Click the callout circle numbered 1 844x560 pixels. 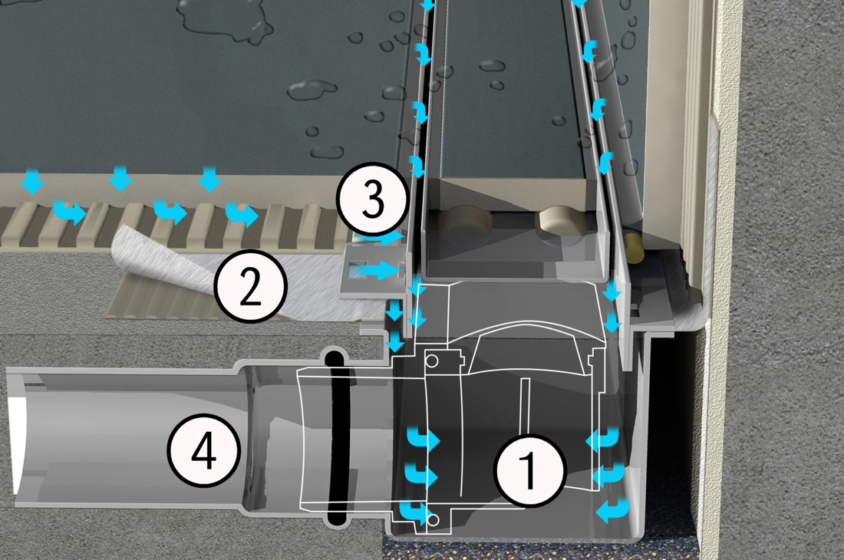coord(529,469)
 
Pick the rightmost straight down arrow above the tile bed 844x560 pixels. coord(208,180)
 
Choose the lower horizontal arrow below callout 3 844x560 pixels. coord(381,269)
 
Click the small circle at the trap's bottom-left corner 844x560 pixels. coord(434,521)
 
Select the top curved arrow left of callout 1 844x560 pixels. coord(424,440)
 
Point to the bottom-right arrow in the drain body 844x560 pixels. coord(612,509)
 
